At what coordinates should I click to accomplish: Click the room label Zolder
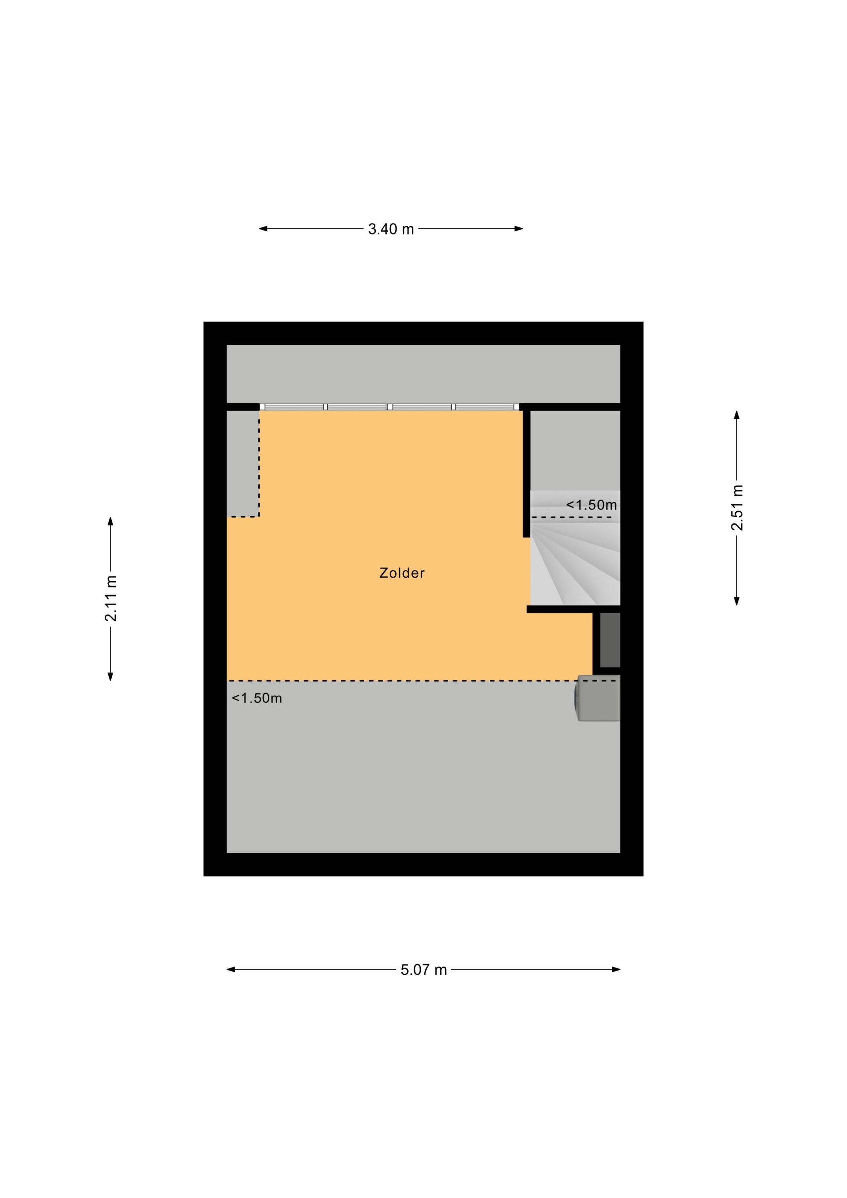(x=402, y=573)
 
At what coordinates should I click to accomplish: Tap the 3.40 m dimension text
(x=391, y=229)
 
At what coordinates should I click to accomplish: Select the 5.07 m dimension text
(x=424, y=970)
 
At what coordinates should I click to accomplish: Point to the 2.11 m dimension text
(x=111, y=598)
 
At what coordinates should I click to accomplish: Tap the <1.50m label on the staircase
(x=591, y=505)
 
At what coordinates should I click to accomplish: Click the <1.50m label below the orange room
(x=257, y=698)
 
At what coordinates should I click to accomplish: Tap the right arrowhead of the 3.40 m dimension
(x=519, y=229)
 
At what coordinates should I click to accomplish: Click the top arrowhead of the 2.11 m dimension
(x=110, y=521)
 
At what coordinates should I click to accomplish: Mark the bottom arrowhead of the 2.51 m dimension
(x=737, y=601)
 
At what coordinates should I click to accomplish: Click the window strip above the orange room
(x=390, y=407)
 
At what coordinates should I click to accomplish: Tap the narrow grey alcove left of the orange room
(x=243, y=464)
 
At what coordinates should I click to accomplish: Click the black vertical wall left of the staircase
(x=527, y=474)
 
